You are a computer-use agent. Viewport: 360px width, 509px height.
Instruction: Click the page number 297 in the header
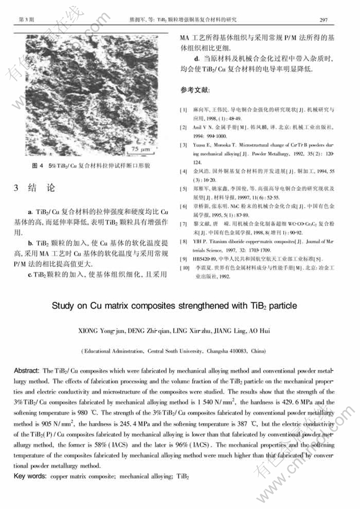[x=325, y=20]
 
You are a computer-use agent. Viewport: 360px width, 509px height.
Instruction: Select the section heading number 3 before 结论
[x=16, y=189]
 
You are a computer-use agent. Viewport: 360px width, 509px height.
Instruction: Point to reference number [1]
[x=183, y=110]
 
